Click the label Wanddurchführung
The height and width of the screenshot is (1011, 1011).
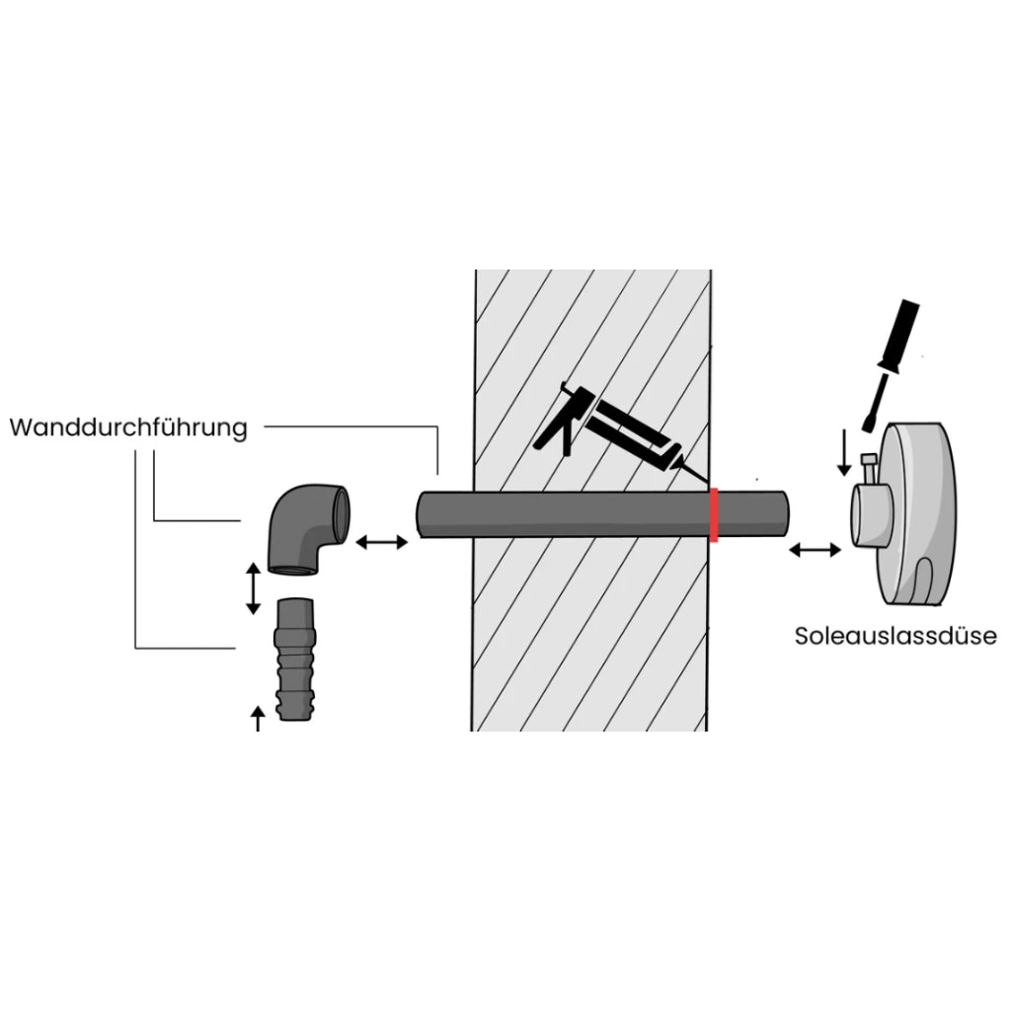tap(128, 428)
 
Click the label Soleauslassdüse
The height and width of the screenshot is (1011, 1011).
tap(895, 636)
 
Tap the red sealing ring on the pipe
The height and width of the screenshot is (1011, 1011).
tap(714, 515)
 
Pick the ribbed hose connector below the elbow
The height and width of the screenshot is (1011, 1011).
tap(296, 659)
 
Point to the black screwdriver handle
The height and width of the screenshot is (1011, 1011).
tap(900, 337)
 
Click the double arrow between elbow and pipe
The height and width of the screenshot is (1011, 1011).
tap(382, 542)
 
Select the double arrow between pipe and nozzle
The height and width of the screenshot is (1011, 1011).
tap(815, 550)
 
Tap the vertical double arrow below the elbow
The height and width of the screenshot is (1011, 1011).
tap(254, 588)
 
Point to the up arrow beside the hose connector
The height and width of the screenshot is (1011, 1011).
tap(258, 719)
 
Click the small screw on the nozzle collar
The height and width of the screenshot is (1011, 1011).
tap(868, 468)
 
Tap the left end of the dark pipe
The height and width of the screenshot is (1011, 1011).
tap(421, 514)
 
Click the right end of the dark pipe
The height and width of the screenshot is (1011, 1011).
tap(784, 512)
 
